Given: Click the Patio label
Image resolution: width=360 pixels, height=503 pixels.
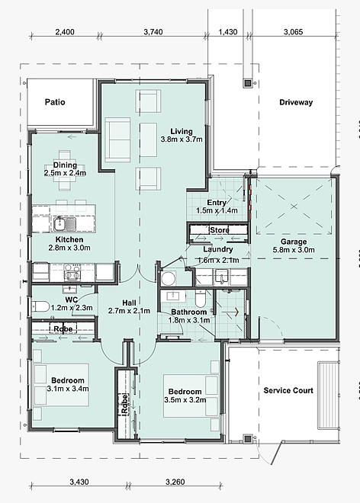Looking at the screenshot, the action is coord(55,102).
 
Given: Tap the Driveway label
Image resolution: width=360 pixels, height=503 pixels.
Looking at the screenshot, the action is coord(296,103).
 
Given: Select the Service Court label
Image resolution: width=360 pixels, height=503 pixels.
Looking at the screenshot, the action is coord(288,390).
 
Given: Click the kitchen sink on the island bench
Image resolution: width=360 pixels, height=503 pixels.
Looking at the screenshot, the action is coord(64,223).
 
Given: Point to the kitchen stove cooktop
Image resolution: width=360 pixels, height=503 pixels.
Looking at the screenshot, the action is coord(72,272).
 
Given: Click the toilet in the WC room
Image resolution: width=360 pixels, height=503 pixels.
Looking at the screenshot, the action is coord(40,306).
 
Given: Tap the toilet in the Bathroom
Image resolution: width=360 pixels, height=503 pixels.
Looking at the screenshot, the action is coord(200,298).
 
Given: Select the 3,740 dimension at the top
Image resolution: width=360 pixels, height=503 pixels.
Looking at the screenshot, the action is coord(153,32).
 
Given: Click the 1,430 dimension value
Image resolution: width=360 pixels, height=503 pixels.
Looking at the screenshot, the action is coord(228,32).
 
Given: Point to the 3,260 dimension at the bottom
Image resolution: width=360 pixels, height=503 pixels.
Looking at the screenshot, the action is coord(175,482).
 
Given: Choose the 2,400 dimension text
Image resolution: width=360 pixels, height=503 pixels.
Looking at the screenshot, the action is coord(65,32).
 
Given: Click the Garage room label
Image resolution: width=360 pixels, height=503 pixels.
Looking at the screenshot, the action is coord(294,242).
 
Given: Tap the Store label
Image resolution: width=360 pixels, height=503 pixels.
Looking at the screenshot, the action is coord(220,230).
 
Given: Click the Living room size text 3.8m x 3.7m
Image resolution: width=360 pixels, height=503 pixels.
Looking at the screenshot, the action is coord(182,139).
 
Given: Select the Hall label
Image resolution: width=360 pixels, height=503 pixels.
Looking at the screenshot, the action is coord(129,303).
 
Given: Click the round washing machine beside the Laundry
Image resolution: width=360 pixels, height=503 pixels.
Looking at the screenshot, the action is coord(169,278).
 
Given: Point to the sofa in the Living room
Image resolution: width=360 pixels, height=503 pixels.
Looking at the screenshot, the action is coord(117,140).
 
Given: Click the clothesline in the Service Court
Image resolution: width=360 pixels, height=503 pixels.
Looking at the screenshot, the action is coord(328,396).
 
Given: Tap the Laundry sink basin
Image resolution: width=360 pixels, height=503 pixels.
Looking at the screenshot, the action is coord(222,277).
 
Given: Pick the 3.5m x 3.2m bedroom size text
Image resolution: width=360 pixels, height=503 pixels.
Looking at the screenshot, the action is coord(185,400).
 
